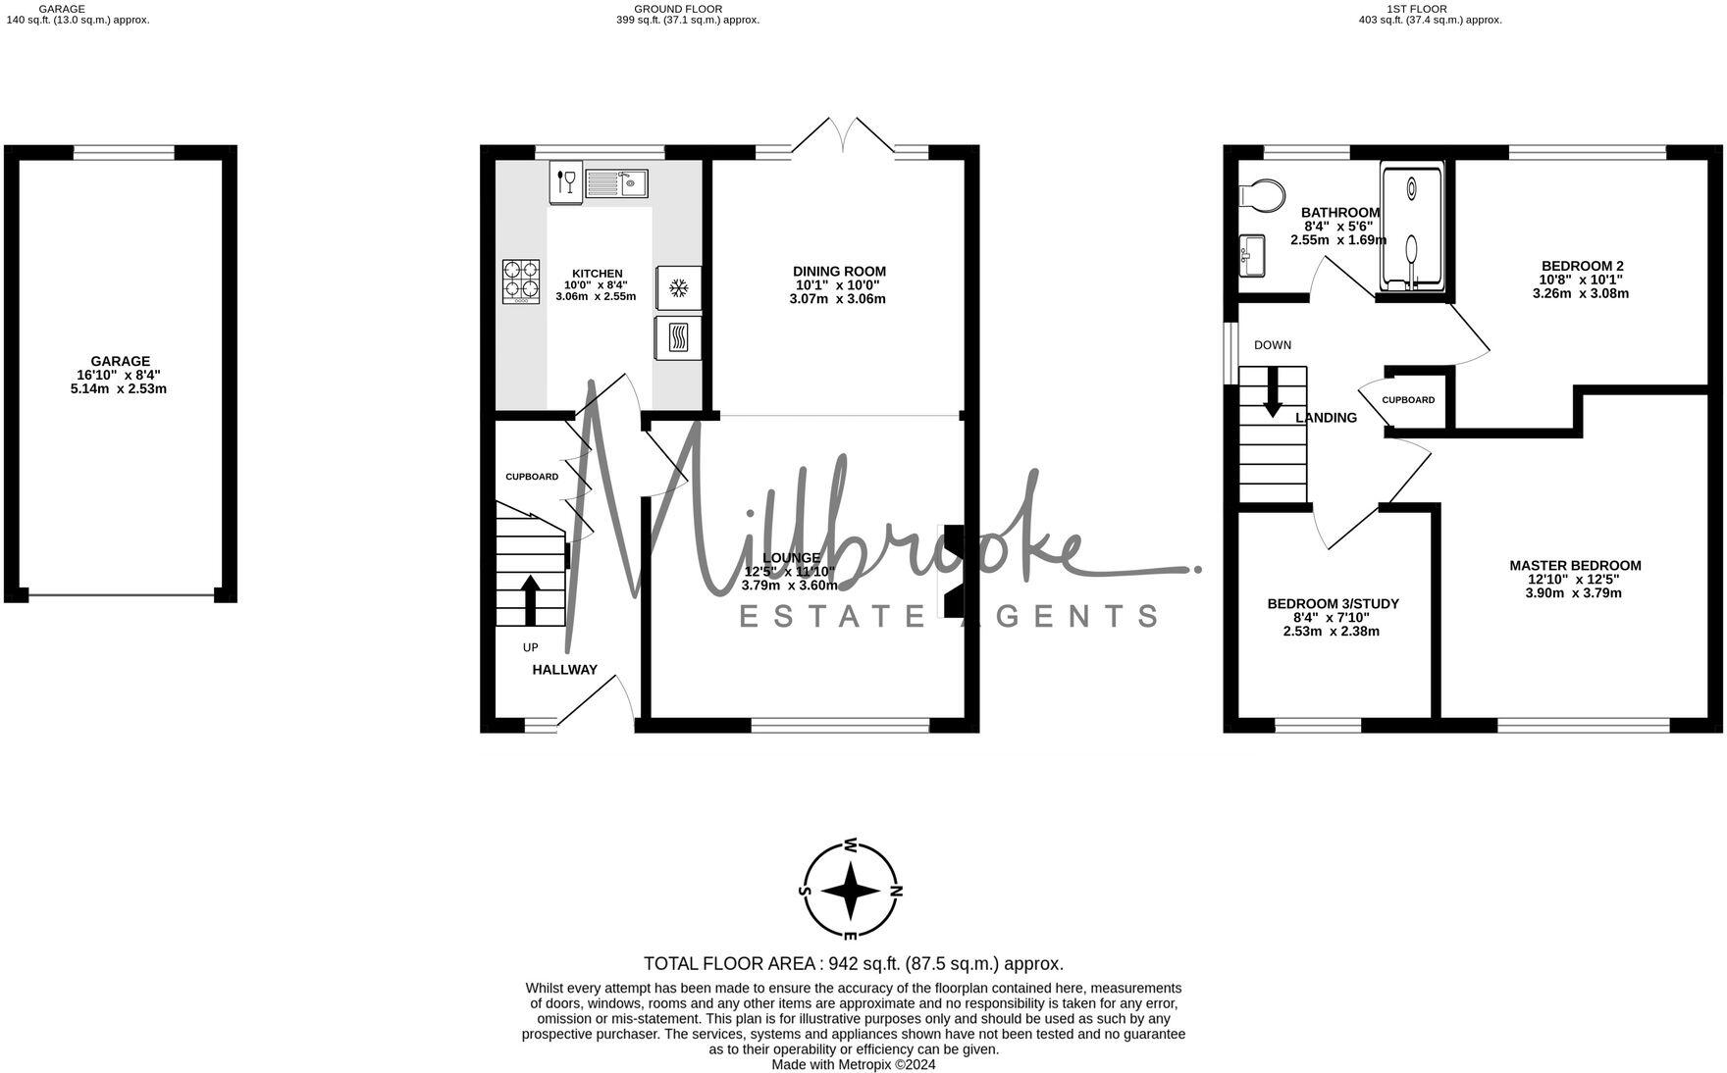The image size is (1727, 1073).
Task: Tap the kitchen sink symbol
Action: point(616,182)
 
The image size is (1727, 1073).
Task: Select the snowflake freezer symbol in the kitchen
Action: point(678,287)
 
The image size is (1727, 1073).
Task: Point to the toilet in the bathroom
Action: point(1262,195)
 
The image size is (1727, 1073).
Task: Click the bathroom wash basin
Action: point(1253,256)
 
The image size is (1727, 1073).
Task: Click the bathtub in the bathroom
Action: point(1412,227)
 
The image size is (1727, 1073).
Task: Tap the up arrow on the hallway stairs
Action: point(530,599)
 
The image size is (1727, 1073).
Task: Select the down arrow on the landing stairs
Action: point(1273,391)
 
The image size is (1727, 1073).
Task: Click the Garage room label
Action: point(121,361)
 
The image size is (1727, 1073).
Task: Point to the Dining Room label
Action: point(839,272)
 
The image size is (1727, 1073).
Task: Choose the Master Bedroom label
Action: point(1575,566)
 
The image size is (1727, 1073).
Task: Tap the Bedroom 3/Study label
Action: point(1333,604)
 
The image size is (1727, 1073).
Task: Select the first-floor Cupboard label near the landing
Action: point(1408,400)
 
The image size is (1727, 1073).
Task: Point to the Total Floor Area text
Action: point(853,963)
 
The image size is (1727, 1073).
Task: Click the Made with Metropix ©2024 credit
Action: point(853,1064)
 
